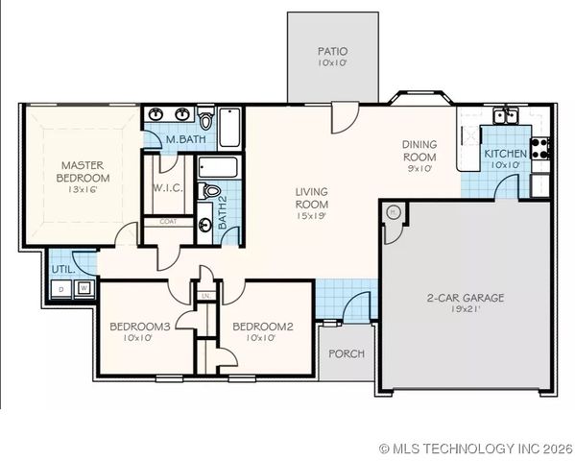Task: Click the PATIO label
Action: click(x=332, y=51)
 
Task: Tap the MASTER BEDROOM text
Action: click(x=82, y=171)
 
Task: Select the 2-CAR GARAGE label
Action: click(x=465, y=298)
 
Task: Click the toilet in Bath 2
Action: click(x=211, y=191)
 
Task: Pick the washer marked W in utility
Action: click(x=84, y=287)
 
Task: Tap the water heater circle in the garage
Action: click(x=392, y=211)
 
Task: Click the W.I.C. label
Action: click(x=168, y=187)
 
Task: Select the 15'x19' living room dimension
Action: click(x=311, y=216)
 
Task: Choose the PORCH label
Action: click(x=347, y=353)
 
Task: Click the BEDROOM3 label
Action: click(x=139, y=327)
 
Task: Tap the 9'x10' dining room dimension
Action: click(x=419, y=167)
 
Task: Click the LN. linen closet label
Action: click(x=206, y=296)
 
